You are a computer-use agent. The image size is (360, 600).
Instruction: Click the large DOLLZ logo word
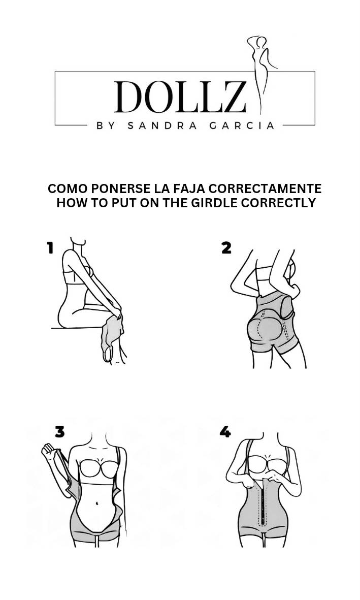click(180, 97)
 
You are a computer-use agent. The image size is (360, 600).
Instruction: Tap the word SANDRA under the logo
click(162, 126)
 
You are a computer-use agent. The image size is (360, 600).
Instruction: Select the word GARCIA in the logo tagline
click(242, 126)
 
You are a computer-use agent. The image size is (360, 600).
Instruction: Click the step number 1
click(50, 247)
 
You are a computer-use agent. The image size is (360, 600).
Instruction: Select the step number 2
click(226, 248)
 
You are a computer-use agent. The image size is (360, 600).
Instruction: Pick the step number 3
click(60, 432)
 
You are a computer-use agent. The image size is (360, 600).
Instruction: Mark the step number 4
click(225, 432)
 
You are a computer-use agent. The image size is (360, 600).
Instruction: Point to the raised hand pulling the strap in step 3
click(48, 451)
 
